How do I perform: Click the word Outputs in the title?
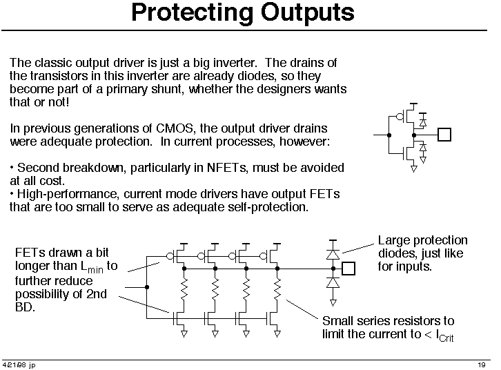coord(307,13)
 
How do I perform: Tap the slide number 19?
coord(482,365)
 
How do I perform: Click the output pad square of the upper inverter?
coord(444,135)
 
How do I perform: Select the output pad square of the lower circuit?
coord(348,269)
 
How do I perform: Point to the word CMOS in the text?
coord(175,128)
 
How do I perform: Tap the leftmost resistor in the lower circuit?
coord(184,289)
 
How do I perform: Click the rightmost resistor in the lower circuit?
coord(277,289)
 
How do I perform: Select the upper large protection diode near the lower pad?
coord(333,254)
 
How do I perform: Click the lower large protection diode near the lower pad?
coord(333,283)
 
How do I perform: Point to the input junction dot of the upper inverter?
coord(389,135)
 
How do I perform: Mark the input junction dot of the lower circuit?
coord(147,287)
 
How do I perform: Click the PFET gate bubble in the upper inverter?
coord(400,117)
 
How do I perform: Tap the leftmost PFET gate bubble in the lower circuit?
coord(170,256)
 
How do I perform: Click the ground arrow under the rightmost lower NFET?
coord(277,334)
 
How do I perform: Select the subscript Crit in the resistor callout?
coord(446,338)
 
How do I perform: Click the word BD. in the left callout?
coord(25,307)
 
